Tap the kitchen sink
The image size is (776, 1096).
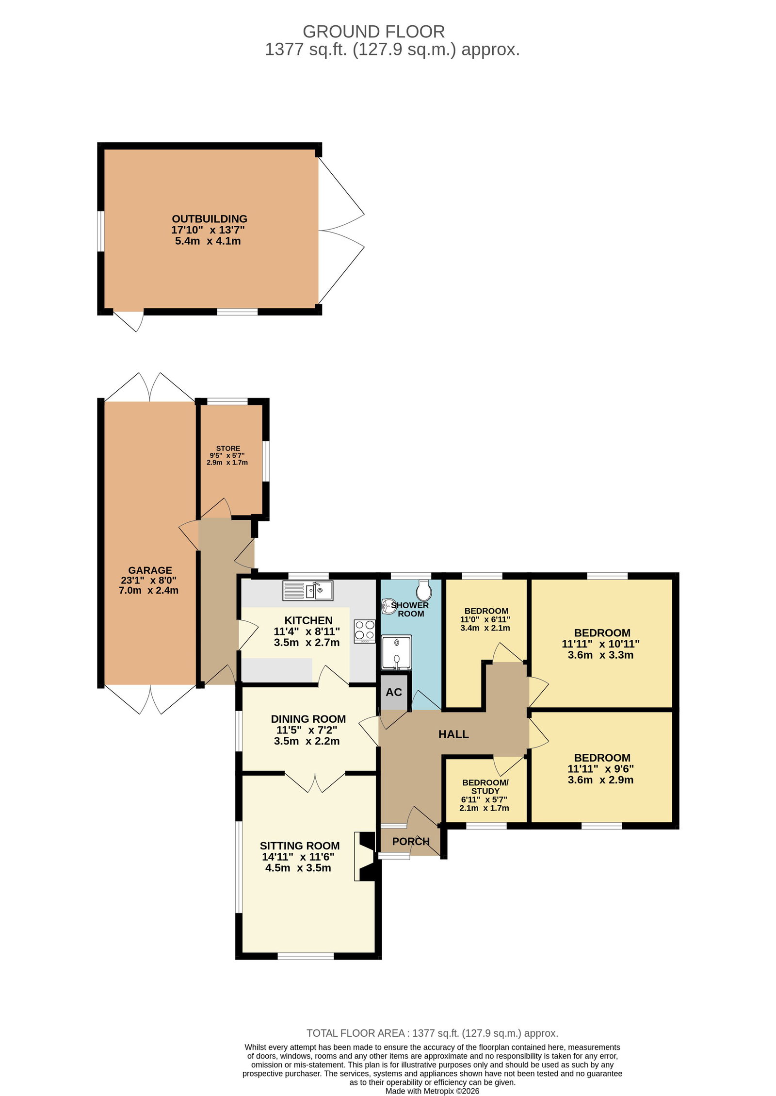tap(307, 590)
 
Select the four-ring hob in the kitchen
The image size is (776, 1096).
tap(364, 631)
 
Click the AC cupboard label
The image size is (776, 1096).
tap(394, 692)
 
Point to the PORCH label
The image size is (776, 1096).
tap(411, 841)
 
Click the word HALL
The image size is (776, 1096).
tap(453, 734)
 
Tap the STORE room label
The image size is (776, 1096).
tap(228, 448)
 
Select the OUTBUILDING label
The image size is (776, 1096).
tap(210, 219)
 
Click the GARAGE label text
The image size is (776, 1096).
tap(150, 570)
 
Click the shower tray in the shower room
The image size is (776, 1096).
tap(396, 652)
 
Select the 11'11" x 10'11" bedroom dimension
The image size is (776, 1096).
tap(600, 644)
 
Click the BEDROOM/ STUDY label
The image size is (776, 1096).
tap(485, 787)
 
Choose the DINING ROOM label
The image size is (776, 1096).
tap(308, 719)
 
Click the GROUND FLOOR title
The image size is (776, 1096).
tap(373, 32)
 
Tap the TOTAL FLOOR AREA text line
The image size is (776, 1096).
tap(432, 1033)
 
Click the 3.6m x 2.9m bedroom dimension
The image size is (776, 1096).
tap(600, 780)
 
